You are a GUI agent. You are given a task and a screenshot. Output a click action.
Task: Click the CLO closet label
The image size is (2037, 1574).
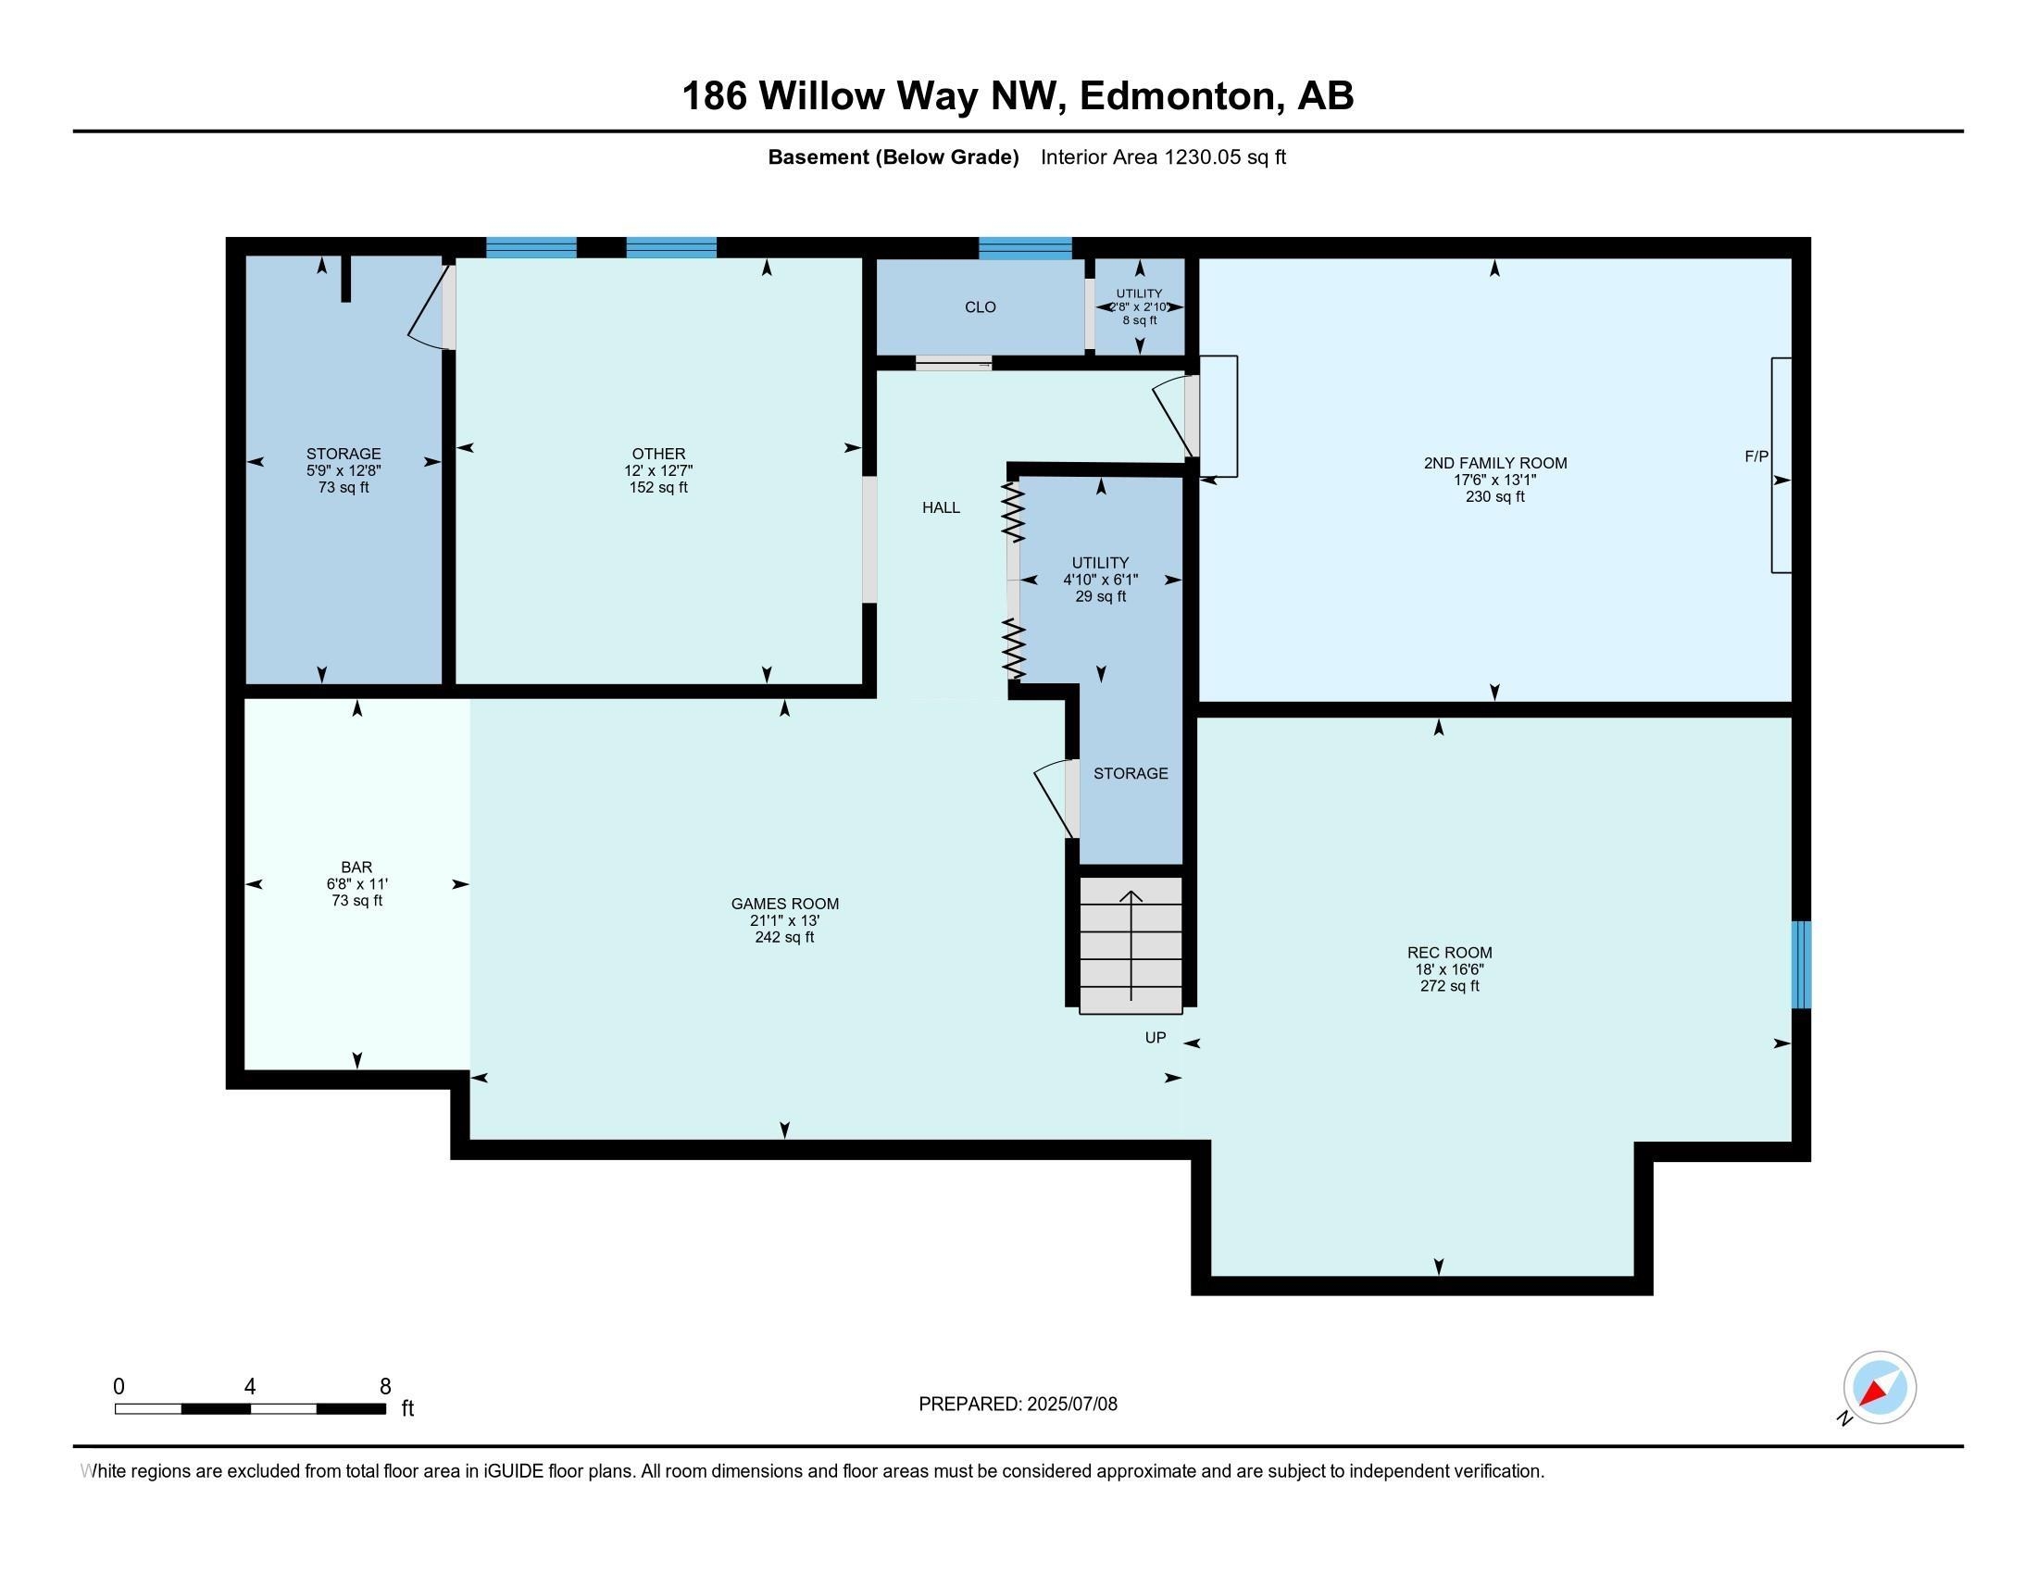[x=981, y=306]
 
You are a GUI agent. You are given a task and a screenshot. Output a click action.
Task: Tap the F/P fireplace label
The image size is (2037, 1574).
[x=1756, y=456]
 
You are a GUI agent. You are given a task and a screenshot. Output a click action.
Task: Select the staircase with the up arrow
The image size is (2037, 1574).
[x=1131, y=944]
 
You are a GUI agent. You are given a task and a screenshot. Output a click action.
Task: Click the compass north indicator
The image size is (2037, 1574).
[x=1879, y=1389]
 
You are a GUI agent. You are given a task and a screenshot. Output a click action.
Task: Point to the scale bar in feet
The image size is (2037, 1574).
[x=250, y=1408]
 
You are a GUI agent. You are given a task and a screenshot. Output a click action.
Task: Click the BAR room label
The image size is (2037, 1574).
[x=356, y=868]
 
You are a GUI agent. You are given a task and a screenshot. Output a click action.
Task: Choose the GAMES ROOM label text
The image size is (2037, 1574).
[x=784, y=904]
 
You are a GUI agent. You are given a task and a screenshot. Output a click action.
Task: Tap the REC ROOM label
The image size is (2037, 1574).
[x=1449, y=952]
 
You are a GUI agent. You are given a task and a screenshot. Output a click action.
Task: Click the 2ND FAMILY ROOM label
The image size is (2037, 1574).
[x=1495, y=463]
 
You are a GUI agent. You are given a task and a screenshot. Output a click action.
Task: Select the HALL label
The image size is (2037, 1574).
[x=941, y=507]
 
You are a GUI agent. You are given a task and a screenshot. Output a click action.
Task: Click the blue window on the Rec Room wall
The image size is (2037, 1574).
[x=1801, y=965]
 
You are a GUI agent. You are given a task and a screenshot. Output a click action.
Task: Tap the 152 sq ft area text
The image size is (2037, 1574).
[x=658, y=487]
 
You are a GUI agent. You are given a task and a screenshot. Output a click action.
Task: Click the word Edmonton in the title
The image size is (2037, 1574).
[x=1177, y=95]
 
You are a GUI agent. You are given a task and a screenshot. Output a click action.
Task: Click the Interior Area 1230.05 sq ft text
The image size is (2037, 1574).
[x=1163, y=156]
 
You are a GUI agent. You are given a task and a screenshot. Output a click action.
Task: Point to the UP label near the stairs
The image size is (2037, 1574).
[x=1156, y=1038]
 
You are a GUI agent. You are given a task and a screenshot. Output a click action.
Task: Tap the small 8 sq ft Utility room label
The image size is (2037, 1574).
[x=1140, y=319]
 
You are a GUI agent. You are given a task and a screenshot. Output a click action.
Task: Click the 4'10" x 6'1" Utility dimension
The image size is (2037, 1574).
[x=1101, y=579]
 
